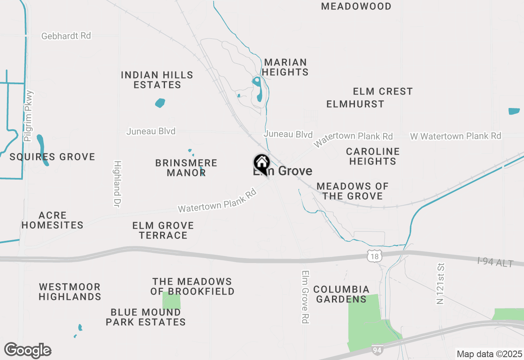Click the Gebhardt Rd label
66,36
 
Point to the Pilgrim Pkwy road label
29,116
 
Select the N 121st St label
440,284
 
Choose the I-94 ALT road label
495,262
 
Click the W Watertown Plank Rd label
455,136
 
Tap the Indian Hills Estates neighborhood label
157,80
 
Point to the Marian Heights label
285,67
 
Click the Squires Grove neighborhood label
52,157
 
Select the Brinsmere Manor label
186,168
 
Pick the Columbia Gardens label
341,294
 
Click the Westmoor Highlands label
70,292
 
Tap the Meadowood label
356,6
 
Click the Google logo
28,350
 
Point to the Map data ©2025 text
489,353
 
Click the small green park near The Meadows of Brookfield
172,302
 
